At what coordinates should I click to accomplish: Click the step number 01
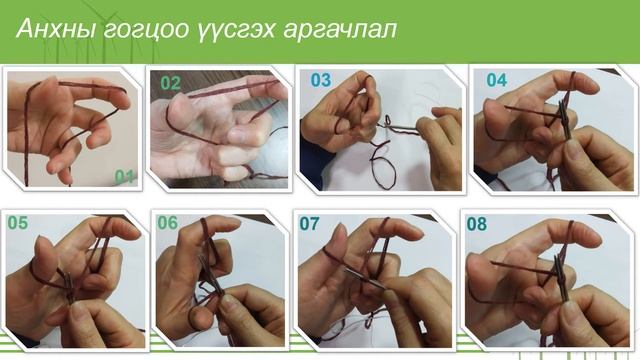click(125, 176)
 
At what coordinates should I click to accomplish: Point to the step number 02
click(171, 84)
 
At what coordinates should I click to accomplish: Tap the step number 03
click(320, 79)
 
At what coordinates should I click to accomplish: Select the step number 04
click(496, 80)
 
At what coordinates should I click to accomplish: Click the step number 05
click(18, 223)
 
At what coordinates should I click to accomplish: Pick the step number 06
click(167, 223)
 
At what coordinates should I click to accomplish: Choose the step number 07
click(310, 223)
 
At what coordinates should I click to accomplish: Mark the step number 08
click(476, 224)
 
